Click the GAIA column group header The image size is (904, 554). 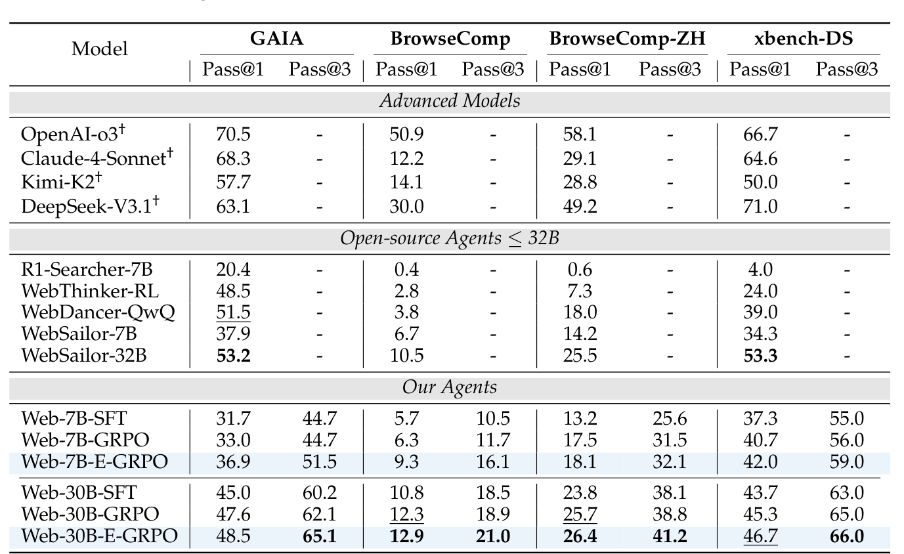tap(276, 39)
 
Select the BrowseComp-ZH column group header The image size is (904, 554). tap(627, 39)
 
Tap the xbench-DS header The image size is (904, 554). tap(804, 39)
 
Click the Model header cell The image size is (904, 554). tap(100, 49)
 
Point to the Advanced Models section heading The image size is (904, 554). tap(450, 101)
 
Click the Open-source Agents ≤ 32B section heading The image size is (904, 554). tap(450, 238)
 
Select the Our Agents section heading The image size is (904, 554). tap(450, 387)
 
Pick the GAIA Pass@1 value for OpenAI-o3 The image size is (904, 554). tap(233, 135)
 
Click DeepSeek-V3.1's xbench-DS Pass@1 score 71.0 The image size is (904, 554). tap(761, 207)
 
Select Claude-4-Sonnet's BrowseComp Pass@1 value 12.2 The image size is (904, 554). tap(406, 159)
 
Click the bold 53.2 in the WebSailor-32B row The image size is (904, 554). tap(233, 356)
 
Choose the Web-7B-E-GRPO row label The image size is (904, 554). tap(94, 461)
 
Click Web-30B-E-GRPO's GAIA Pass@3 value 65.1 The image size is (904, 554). tap(320, 536)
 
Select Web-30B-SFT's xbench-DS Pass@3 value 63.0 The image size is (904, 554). tap(846, 492)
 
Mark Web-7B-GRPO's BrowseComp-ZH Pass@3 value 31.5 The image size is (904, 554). tap(670, 440)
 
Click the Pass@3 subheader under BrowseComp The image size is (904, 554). tap(493, 70)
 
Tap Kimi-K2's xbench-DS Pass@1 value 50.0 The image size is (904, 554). tap(761, 182)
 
